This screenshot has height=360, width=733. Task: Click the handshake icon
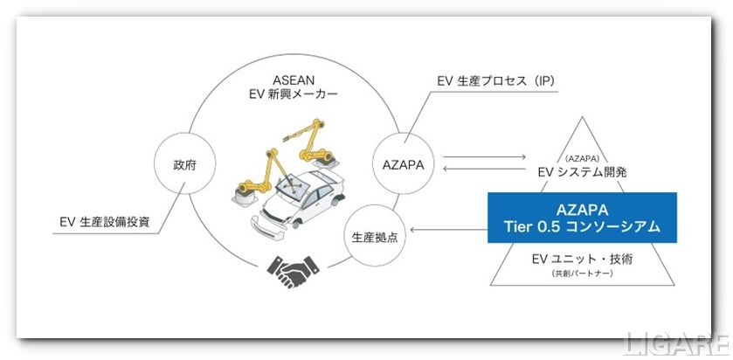tap(293, 271)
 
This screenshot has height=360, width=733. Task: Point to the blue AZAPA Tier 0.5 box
tap(582, 218)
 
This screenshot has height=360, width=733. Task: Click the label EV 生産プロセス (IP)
tap(496, 81)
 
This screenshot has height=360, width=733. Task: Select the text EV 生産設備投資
tap(105, 222)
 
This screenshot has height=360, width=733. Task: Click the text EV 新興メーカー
tap(293, 93)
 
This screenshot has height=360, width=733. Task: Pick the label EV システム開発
tap(582, 171)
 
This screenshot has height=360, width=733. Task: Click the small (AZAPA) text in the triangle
tap(582, 158)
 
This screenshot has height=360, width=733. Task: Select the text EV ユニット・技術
tap(582, 259)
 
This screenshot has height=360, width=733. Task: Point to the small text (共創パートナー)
tap(582, 273)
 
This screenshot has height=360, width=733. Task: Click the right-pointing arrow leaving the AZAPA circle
tap(484, 157)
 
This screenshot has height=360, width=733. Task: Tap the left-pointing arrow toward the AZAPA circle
tap(484, 169)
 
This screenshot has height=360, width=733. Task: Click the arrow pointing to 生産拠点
tap(448, 229)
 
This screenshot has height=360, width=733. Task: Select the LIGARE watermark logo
tap(676, 345)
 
